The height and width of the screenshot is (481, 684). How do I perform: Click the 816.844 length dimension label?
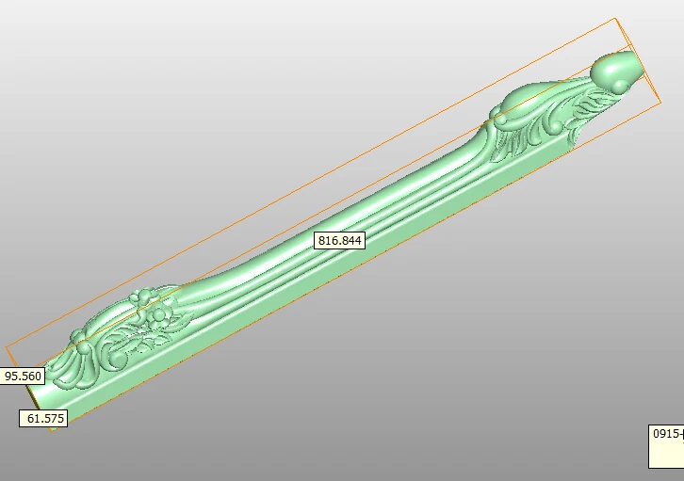pos(339,241)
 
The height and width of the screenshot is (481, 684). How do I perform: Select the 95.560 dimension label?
pos(23,376)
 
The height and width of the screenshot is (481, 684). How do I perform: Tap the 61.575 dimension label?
pos(43,418)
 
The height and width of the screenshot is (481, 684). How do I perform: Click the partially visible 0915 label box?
pos(666,446)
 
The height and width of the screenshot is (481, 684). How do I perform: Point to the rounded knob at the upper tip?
pos(617,67)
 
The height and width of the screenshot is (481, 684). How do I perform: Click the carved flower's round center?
pos(159,314)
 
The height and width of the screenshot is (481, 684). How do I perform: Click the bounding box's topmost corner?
pos(615,18)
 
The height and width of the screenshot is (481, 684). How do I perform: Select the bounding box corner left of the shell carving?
pos(6,347)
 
